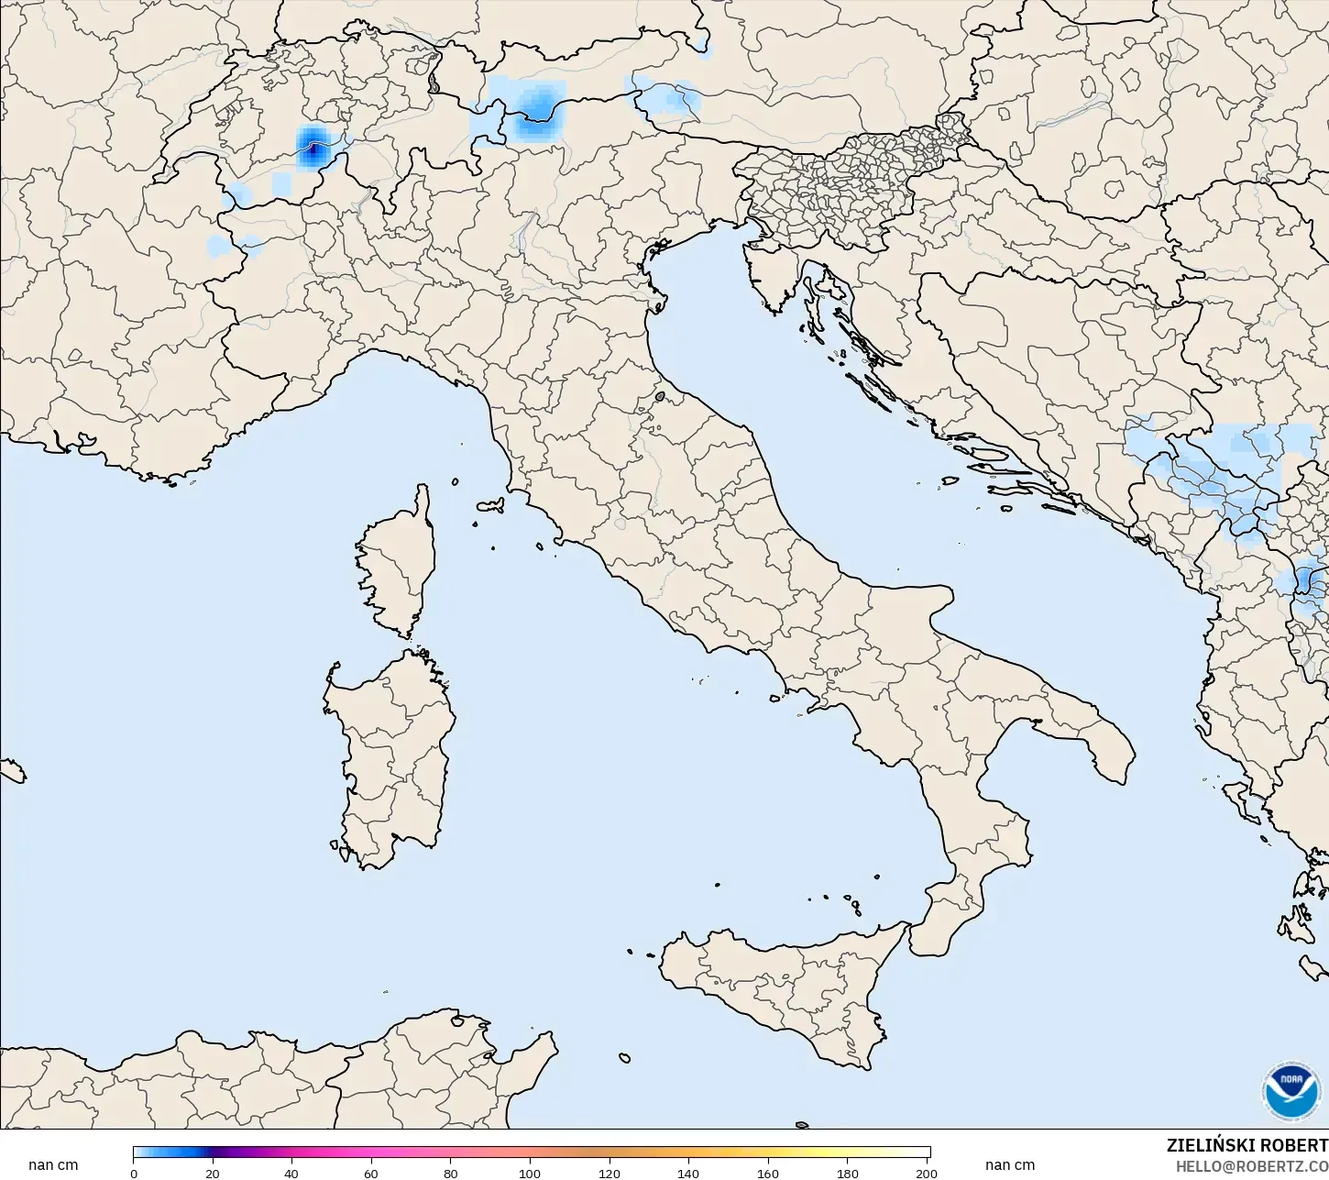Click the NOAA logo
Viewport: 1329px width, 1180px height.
(1292, 1092)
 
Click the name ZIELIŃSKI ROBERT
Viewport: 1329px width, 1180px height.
(1247, 1146)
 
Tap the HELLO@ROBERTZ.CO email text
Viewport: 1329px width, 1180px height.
(1252, 1166)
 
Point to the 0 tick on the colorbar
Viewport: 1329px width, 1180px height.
(134, 1174)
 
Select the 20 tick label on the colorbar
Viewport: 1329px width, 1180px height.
(213, 1174)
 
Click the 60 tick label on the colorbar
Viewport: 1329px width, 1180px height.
(371, 1174)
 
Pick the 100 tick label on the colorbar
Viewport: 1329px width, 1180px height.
(530, 1174)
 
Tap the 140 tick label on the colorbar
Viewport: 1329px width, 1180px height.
(688, 1174)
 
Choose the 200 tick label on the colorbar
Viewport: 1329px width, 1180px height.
(926, 1174)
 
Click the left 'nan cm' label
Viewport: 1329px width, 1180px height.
(53, 1165)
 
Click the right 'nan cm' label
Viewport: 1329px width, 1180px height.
(1010, 1165)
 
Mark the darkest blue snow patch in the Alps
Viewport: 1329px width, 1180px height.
(313, 145)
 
